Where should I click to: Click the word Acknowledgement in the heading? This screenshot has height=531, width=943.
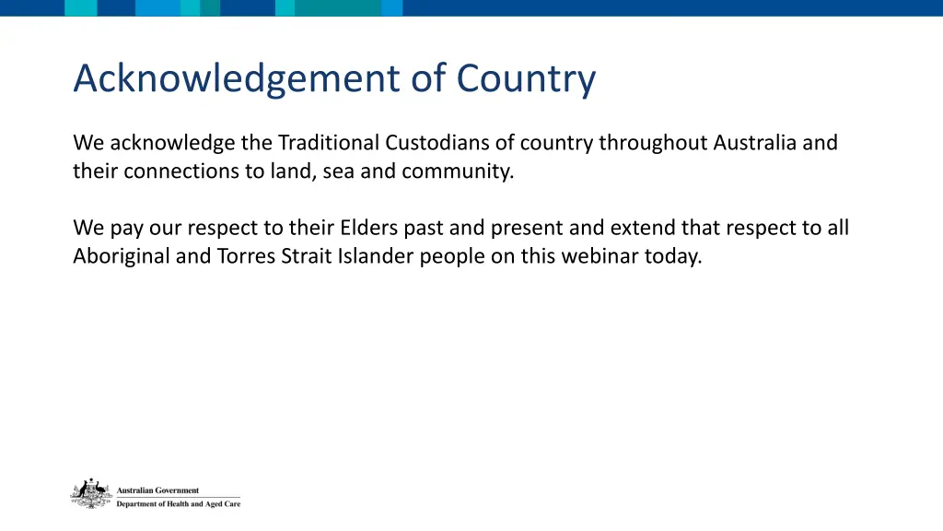point(238,79)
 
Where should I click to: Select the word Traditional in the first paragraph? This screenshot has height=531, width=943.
point(329,144)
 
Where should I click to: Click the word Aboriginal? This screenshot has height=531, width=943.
point(122,256)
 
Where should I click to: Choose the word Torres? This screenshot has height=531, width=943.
point(245,256)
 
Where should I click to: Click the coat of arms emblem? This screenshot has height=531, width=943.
point(90,494)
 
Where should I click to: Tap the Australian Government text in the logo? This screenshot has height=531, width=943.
point(157,490)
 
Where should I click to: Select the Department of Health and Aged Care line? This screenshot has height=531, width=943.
point(178,504)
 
